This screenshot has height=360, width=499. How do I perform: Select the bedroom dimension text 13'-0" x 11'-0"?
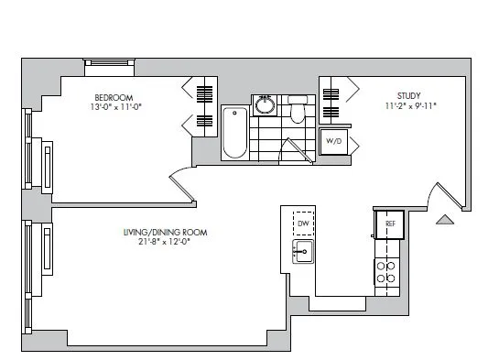pos(113,107)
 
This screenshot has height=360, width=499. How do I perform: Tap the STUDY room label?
pos(408,94)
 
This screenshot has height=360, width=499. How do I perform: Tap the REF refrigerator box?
pos(389,224)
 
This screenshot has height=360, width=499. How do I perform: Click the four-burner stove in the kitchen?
pos(386,271)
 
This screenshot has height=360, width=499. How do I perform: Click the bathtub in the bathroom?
pos(234,133)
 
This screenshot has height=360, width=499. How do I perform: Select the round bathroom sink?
pos(266,104)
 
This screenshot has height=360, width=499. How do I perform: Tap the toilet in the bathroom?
pos(297,112)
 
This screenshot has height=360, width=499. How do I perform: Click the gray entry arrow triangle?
pos(443,219)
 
